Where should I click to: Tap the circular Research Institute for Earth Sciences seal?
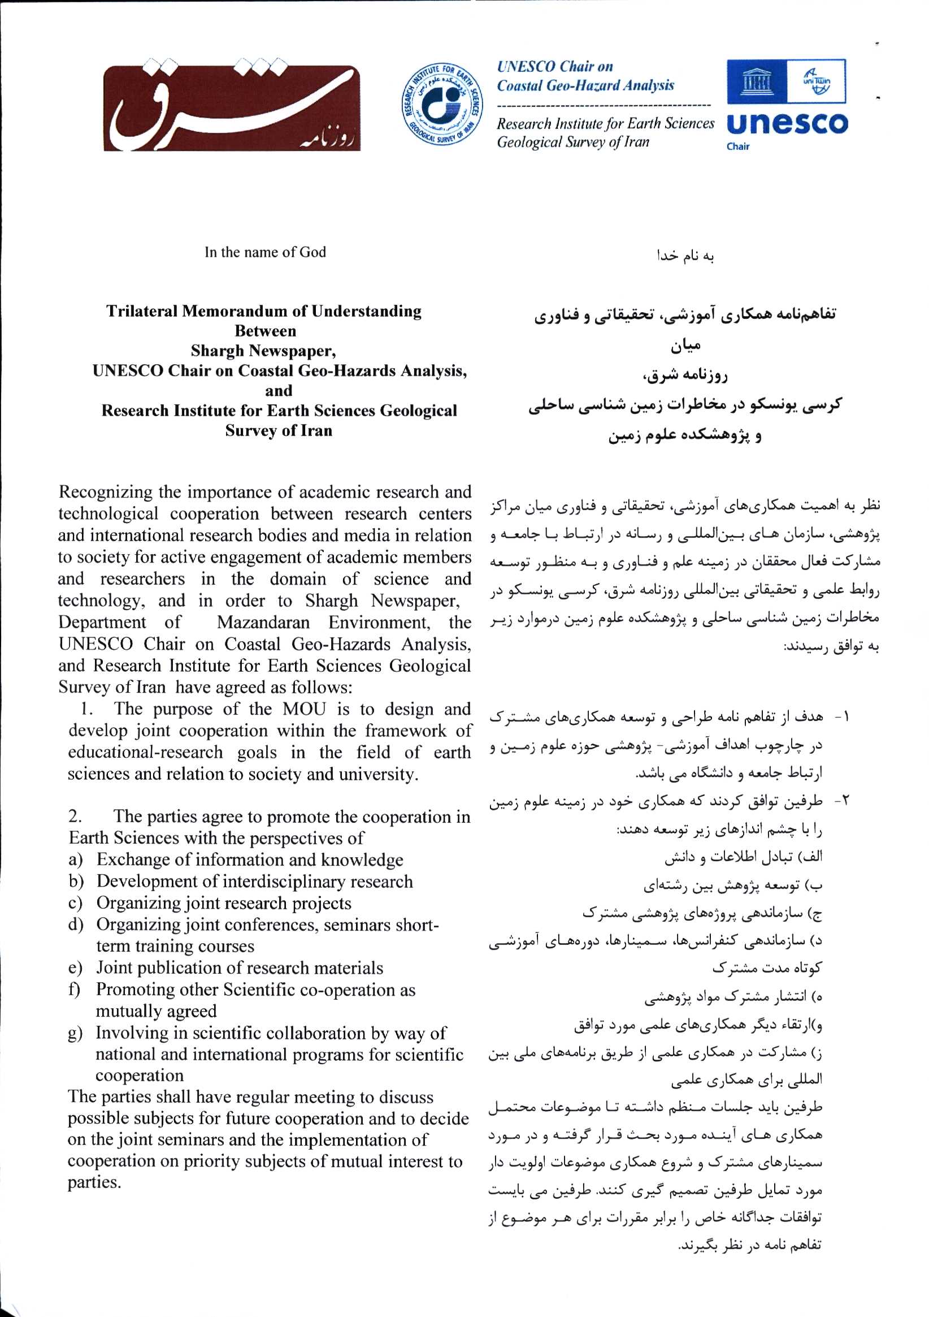click(x=441, y=104)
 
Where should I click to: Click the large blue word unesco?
click(x=787, y=124)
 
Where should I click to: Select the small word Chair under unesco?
click(x=737, y=146)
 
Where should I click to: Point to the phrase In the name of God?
click(x=265, y=252)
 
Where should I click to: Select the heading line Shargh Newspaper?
click(x=264, y=351)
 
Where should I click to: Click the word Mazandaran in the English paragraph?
click(x=263, y=623)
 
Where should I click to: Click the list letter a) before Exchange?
click(x=75, y=860)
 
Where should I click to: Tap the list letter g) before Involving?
click(x=75, y=1033)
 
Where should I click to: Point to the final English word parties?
click(x=94, y=1183)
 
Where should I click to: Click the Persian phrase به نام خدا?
click(x=685, y=256)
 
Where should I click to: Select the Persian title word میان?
click(x=685, y=346)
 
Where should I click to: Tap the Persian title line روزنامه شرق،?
click(x=685, y=375)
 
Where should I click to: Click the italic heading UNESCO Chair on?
click(x=555, y=67)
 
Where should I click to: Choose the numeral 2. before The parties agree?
click(x=75, y=816)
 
